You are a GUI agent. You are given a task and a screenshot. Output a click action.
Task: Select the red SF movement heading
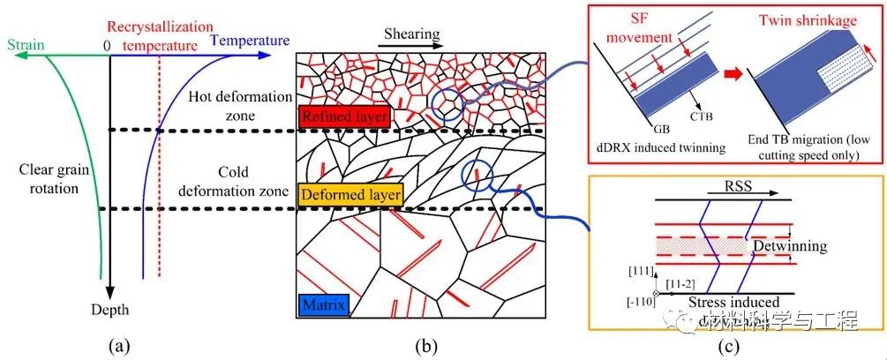tap(653, 27)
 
